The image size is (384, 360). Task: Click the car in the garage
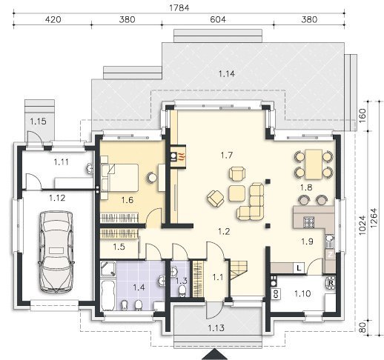click(56, 251)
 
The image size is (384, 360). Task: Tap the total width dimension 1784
click(179, 8)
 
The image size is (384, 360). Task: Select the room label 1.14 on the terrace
click(227, 73)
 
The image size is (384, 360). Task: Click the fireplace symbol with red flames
click(178, 156)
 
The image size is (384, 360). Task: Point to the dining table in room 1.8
click(314, 164)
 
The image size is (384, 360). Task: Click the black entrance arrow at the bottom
click(214, 355)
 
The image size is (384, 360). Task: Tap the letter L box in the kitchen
click(299, 268)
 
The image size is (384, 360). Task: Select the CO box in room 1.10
click(276, 294)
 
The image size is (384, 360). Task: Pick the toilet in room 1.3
click(182, 291)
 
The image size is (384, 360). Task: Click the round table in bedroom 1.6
click(151, 177)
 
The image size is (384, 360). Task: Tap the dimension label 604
click(218, 19)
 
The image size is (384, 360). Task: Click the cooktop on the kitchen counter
click(308, 221)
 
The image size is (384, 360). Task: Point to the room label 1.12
click(57, 198)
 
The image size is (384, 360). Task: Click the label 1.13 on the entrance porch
click(216, 328)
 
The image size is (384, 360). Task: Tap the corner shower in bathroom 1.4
click(108, 269)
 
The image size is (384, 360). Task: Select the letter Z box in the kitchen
click(330, 255)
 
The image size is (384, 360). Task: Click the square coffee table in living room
click(236, 193)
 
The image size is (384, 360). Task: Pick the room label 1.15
click(39, 121)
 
